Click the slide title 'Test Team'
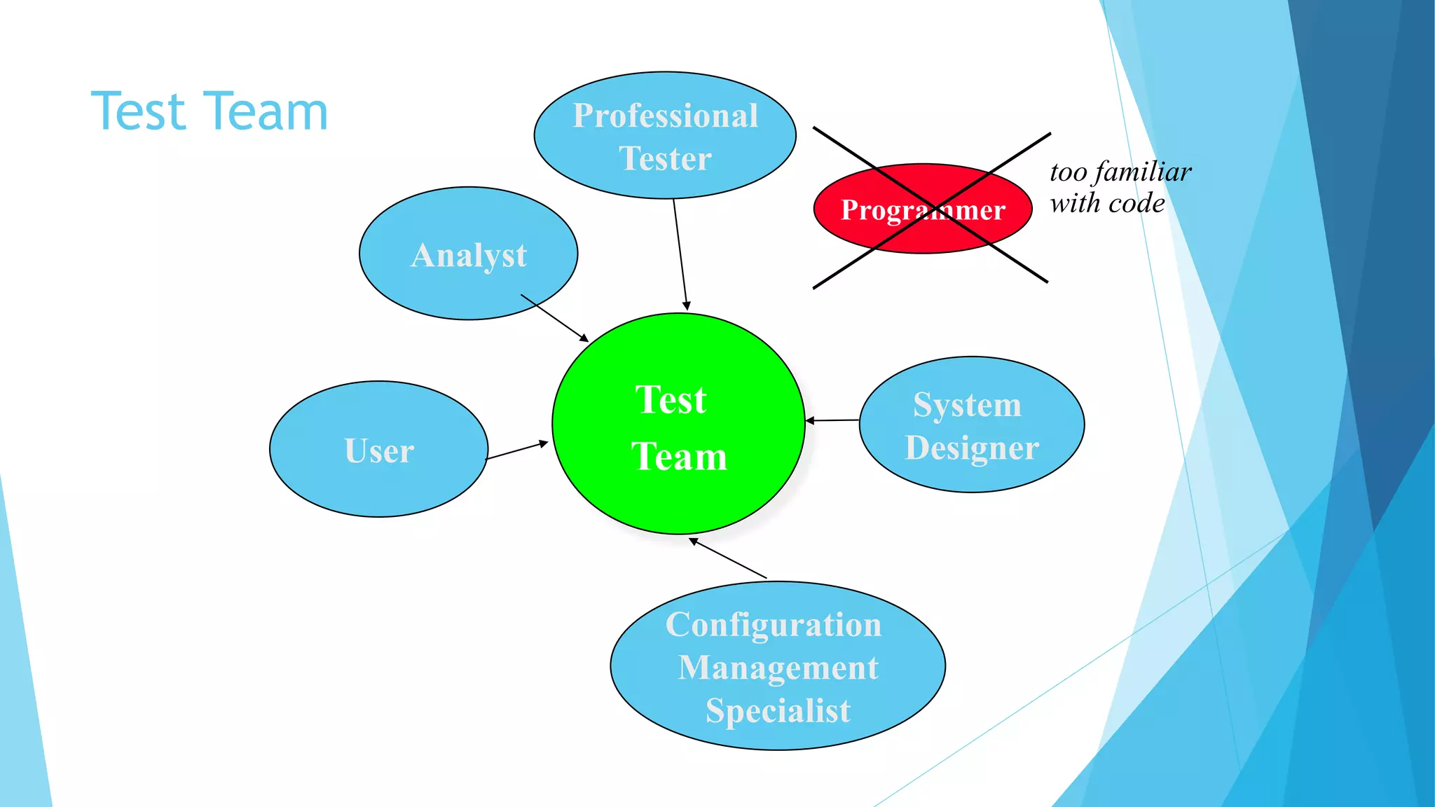[209, 111]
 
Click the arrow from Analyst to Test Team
[554, 317]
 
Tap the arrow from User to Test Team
[517, 450]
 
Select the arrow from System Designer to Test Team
[832, 420]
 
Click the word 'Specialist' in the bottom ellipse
[778, 711]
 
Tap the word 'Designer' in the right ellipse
[972, 448]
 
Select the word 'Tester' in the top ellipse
[665, 158]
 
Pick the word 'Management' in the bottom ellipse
[778, 668]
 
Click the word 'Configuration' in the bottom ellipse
[774, 624]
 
